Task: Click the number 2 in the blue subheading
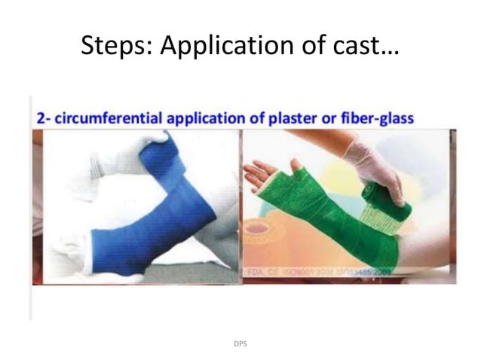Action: [40, 119]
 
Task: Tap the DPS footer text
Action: [240, 343]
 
